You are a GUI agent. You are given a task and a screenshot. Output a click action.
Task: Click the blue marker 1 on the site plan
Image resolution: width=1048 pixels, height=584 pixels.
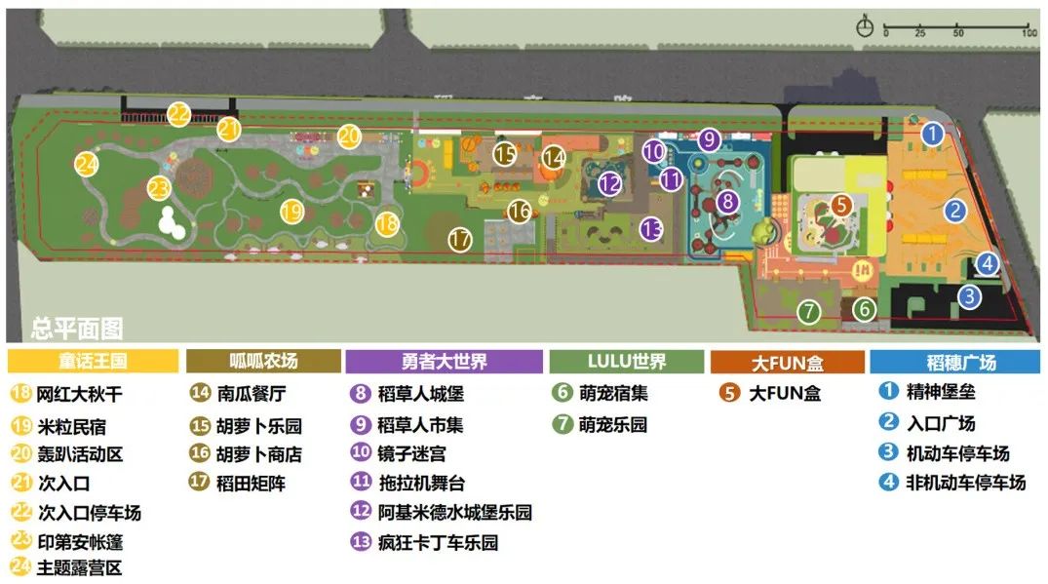933,134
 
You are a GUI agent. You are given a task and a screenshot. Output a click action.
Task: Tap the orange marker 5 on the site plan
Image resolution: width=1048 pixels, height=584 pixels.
842,206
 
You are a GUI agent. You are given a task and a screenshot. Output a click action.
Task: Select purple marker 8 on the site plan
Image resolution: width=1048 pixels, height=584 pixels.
727,202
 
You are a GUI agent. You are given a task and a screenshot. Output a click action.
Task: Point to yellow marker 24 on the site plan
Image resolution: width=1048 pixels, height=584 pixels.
87,164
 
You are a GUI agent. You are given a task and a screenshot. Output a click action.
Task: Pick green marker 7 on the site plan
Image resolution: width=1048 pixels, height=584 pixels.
808,312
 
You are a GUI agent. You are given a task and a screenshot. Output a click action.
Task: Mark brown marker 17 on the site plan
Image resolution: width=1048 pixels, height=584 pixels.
460,238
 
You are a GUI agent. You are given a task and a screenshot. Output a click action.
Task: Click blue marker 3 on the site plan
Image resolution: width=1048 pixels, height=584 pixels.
969,296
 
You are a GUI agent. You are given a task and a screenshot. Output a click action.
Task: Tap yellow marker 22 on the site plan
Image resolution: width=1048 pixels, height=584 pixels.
178,114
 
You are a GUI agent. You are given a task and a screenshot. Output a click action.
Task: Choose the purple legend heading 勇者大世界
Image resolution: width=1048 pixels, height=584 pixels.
445,362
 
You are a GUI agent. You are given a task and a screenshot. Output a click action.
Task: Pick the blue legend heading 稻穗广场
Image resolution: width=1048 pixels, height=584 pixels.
948,362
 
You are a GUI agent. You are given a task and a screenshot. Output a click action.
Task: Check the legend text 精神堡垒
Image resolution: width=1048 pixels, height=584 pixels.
940,394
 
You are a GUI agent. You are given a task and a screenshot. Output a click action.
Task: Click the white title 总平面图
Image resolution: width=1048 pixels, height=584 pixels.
77,329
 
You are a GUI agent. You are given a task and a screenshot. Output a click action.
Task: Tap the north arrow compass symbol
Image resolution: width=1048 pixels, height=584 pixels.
864,27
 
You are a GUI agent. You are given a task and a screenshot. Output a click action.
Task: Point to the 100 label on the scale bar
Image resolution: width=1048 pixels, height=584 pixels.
1029,33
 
